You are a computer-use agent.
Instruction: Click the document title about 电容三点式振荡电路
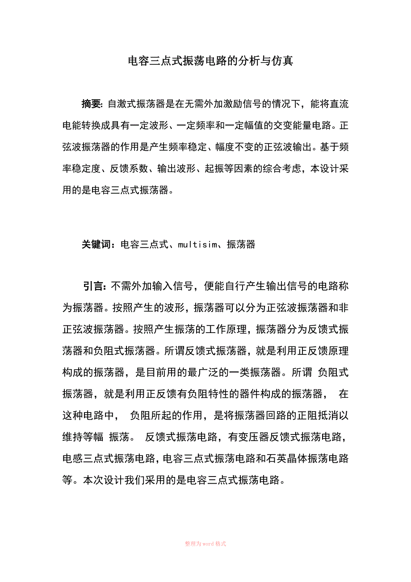click(210, 61)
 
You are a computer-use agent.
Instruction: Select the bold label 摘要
click(92, 104)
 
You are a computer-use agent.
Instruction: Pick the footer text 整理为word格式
click(205, 544)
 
